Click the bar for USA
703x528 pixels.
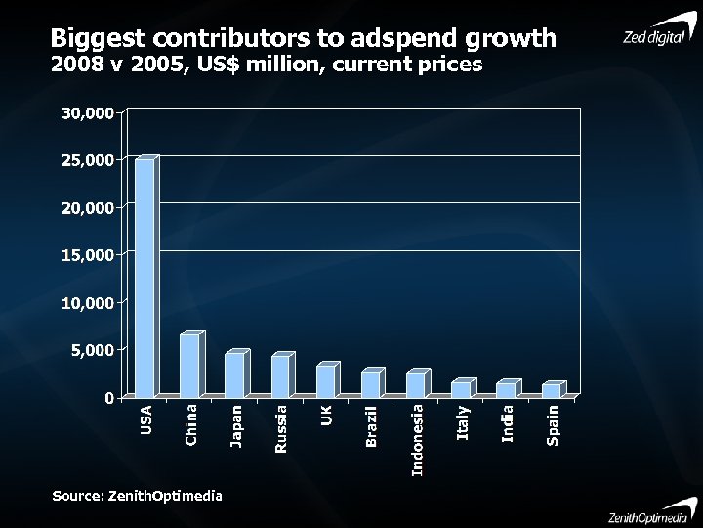click(145, 279)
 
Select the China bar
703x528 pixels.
click(189, 366)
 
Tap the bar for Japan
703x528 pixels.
click(234, 375)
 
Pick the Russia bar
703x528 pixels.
click(280, 376)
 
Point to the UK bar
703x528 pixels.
click(325, 381)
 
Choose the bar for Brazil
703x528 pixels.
click(370, 384)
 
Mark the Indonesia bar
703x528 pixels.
click(416, 385)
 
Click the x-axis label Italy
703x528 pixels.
click(463, 422)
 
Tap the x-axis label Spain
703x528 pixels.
click(554, 426)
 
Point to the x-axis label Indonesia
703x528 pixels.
click(418, 441)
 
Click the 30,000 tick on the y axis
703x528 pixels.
click(87, 112)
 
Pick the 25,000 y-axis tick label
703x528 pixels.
click(87, 159)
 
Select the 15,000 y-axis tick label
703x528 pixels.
click(87, 255)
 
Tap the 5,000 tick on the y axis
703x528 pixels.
click(92, 350)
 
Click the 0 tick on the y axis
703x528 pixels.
click(108, 398)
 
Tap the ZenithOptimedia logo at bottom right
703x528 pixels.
click(641, 514)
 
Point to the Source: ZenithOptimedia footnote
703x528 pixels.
click(137, 496)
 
